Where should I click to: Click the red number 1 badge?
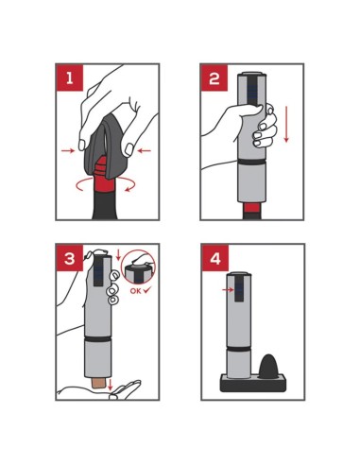(x=70, y=77)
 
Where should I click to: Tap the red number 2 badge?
(x=214, y=77)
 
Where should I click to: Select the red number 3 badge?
(x=70, y=257)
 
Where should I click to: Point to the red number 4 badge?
(x=215, y=258)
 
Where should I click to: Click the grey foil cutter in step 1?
(x=106, y=151)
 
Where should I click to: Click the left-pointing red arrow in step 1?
(x=145, y=151)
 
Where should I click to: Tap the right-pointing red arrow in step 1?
(x=68, y=151)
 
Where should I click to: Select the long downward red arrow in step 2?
(x=286, y=124)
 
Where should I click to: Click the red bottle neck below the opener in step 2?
(x=252, y=208)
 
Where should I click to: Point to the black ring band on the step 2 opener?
(x=251, y=162)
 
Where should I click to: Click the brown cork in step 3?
(x=98, y=383)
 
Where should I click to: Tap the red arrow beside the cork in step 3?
(x=110, y=385)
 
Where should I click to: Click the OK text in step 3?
(x=135, y=291)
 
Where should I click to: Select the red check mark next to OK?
(x=146, y=290)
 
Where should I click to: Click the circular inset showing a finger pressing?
(x=138, y=267)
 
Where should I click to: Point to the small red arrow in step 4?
(x=228, y=289)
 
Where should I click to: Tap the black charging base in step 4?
(x=253, y=383)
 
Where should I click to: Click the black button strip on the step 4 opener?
(x=239, y=288)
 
